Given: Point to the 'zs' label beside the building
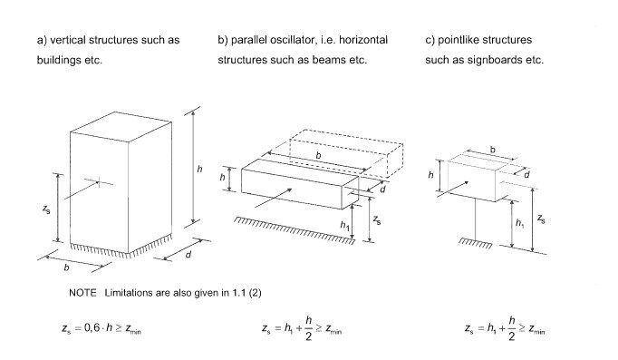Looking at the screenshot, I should [x=47, y=208].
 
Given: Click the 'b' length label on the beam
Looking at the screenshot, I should [x=318, y=156].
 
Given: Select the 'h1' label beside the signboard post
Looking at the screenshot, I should [x=519, y=221].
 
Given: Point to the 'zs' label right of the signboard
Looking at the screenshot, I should [x=541, y=219].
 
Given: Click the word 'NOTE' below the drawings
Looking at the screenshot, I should [x=83, y=292].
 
